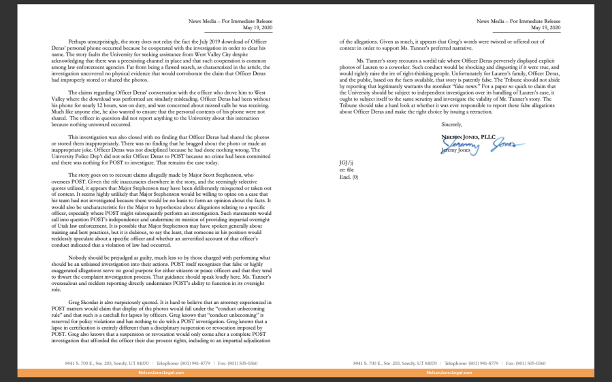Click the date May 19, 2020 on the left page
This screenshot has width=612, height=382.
click(259, 28)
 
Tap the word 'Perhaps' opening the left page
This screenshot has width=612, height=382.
click(78, 42)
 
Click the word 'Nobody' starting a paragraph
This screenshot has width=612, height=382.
click(78, 258)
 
